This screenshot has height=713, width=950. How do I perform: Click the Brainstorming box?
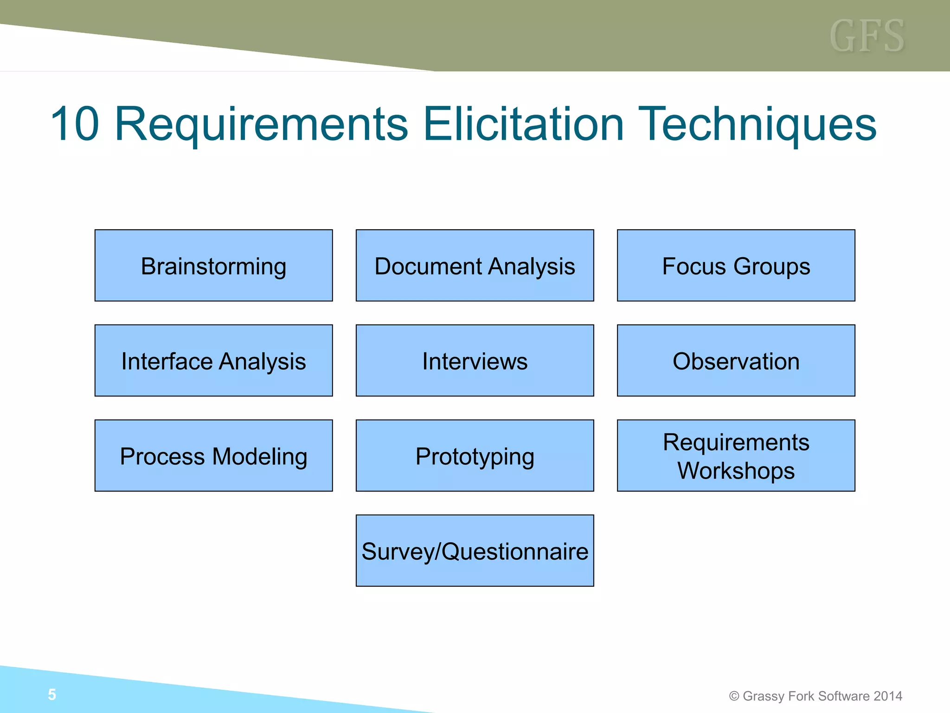point(213,266)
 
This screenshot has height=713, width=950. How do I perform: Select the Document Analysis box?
point(475,266)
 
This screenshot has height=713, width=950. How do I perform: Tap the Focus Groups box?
point(736,266)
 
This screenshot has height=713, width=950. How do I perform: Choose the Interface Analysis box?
point(213,361)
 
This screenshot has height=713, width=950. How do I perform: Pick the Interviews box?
point(475,361)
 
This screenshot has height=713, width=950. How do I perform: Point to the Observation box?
point(736,361)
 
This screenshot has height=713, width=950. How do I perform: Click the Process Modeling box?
point(213,456)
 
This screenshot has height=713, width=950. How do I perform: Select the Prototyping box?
point(475,456)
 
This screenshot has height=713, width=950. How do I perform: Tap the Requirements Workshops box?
point(736,456)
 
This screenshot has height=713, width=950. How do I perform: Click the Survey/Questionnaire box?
point(475,551)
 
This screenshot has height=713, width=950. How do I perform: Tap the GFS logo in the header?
point(867,36)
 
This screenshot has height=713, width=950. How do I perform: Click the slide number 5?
point(52,694)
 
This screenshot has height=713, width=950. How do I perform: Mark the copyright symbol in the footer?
point(734,696)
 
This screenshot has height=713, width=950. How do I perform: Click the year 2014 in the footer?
point(888,696)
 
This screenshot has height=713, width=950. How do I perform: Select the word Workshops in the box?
point(736,471)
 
